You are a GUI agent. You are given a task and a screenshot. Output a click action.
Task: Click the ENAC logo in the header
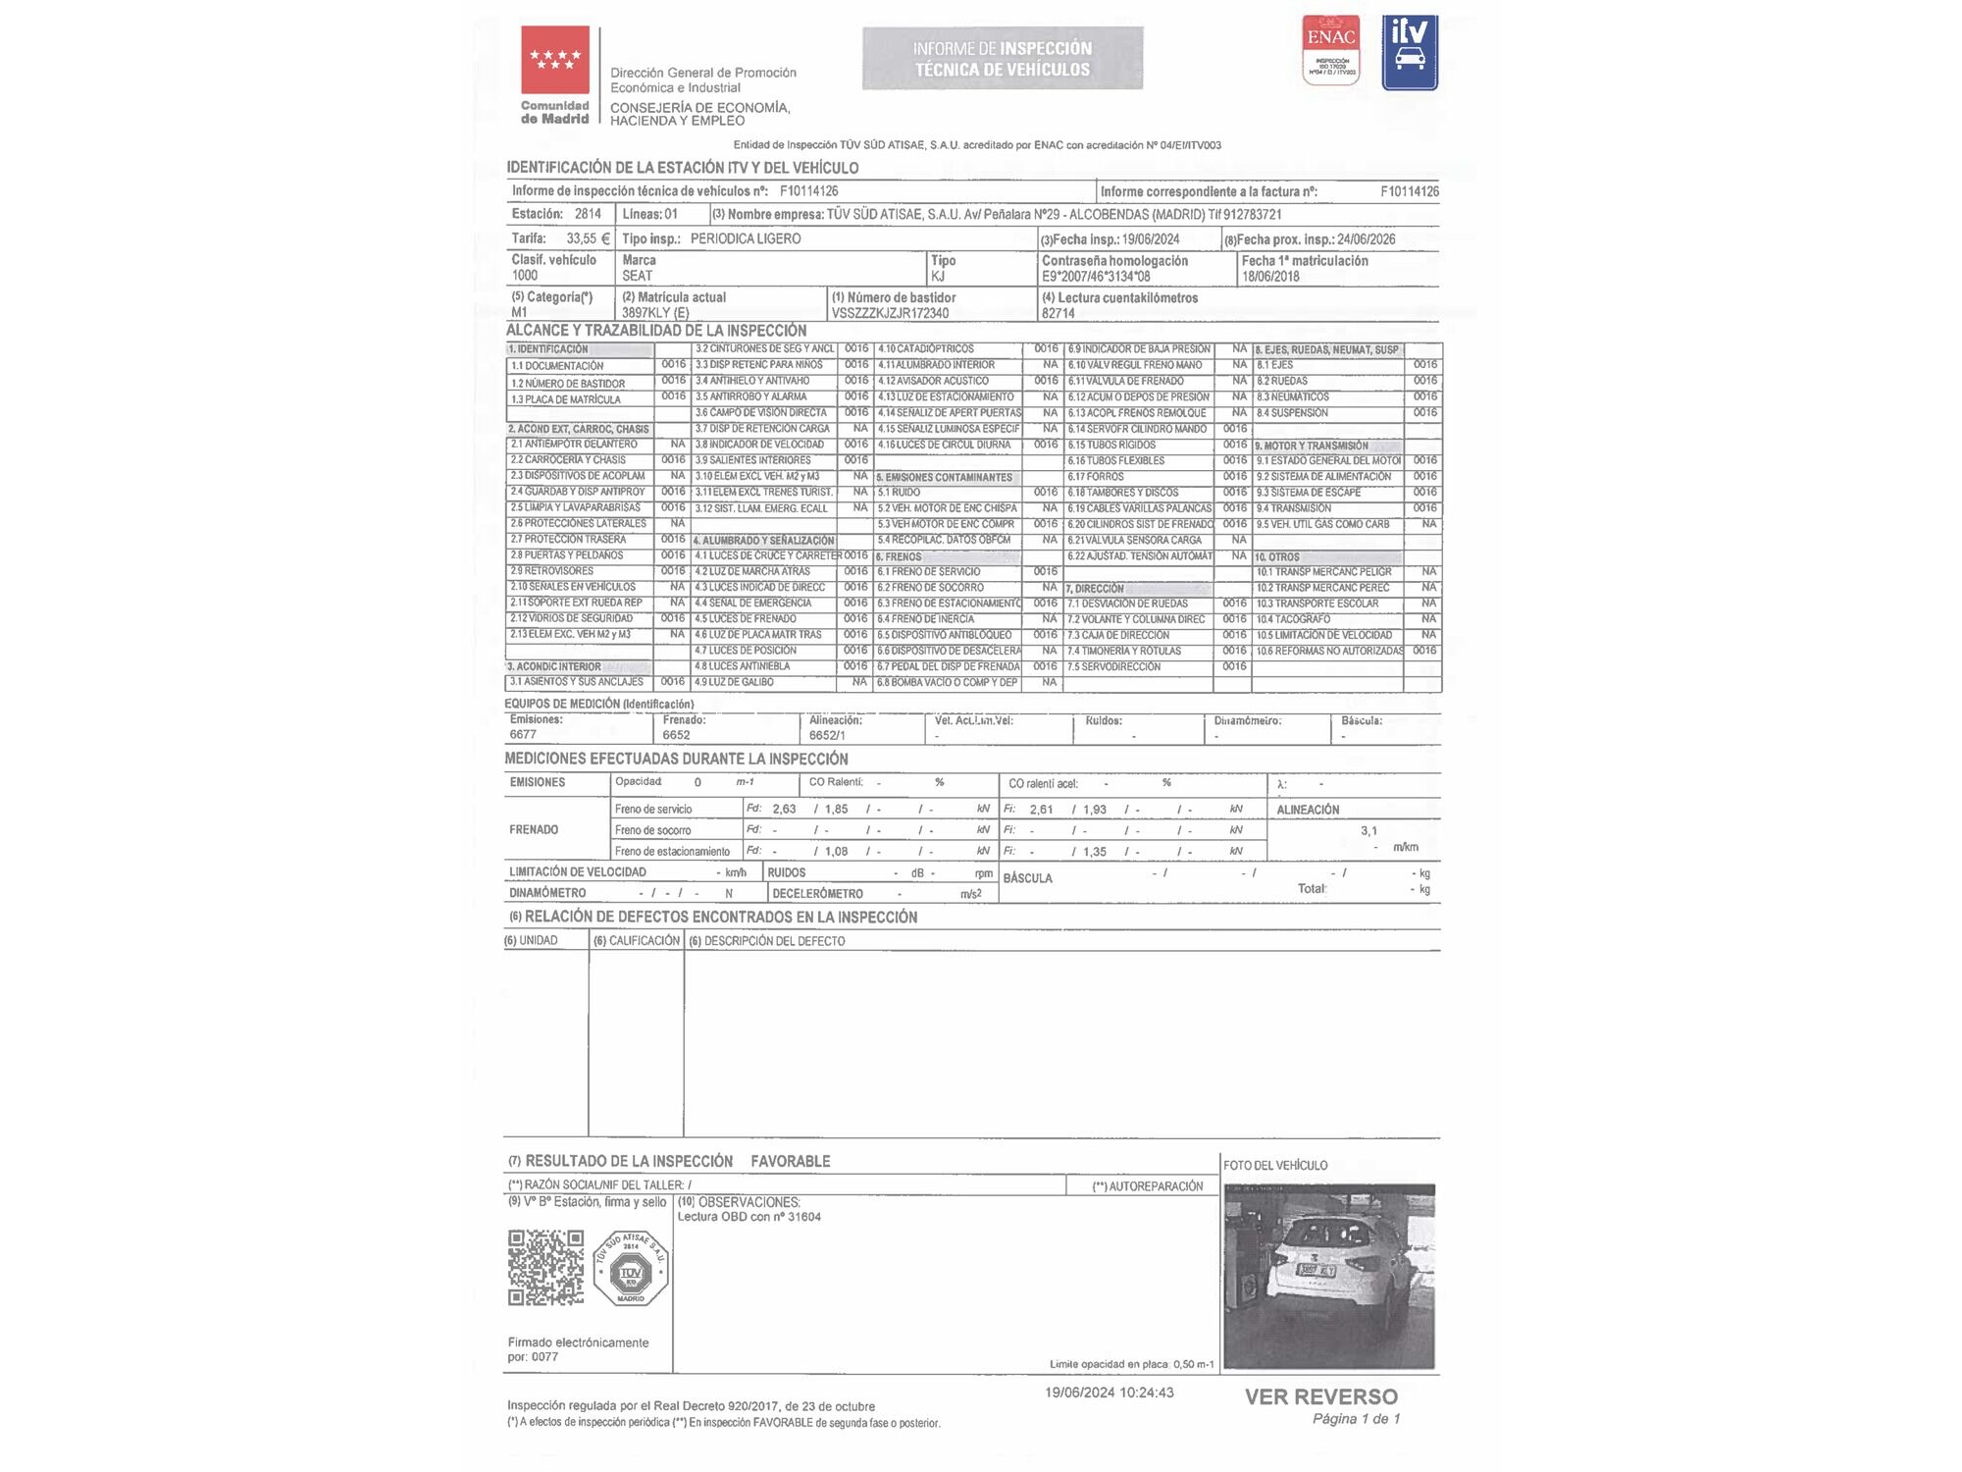[1330, 49]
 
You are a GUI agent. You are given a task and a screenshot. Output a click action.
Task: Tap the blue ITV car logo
[1410, 53]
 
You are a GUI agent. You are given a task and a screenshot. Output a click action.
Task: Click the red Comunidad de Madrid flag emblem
[555, 60]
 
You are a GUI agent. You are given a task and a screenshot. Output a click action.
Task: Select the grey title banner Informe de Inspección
[1002, 59]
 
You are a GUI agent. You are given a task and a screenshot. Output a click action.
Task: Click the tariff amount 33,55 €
[588, 238]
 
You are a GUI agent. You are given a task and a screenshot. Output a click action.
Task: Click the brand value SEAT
[637, 276]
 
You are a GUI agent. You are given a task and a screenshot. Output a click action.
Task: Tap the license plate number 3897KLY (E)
[655, 313]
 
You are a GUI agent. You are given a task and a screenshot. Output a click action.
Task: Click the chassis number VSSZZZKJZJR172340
[890, 313]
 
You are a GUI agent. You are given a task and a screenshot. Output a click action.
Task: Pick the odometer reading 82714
[1058, 313]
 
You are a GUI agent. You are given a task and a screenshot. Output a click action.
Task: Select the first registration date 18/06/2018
[1270, 277]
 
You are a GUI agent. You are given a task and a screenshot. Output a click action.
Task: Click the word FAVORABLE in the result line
[791, 1161]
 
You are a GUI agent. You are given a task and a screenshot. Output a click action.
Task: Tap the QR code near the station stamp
[545, 1267]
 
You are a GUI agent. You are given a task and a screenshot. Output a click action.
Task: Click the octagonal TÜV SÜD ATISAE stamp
[631, 1269]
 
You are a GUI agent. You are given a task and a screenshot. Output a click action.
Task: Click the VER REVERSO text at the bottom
[1320, 1396]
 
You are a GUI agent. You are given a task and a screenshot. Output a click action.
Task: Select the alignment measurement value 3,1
[1368, 830]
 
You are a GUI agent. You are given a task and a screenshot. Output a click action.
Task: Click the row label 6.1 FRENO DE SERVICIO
[929, 571]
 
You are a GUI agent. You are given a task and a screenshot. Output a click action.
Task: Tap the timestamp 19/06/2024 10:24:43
[1109, 1393]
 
